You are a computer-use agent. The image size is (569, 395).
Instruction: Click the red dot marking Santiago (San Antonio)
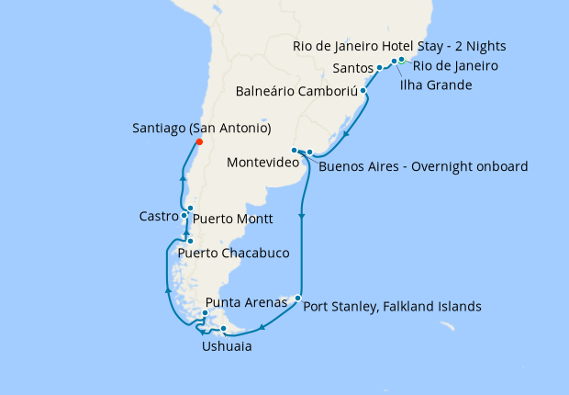pos(198,141)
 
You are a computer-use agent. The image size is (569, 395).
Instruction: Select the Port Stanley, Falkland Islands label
pos(392,307)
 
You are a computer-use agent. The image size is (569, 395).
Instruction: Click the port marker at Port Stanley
pos(297,298)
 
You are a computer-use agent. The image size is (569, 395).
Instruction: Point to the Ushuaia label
pos(226,347)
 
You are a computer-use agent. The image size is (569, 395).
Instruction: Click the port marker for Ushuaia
pos(224,329)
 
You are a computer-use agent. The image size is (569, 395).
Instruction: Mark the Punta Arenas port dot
pos(205,313)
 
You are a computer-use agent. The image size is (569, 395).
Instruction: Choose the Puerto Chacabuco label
pos(234,253)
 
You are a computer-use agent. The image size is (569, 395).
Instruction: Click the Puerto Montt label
pos(233,220)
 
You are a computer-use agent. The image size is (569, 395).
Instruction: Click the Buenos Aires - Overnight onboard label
pos(423,166)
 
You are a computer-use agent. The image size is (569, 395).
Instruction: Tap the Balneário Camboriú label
pos(296,92)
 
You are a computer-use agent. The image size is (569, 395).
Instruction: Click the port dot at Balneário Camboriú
pos(364,91)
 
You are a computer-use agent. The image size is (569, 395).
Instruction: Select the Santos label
pos(353,68)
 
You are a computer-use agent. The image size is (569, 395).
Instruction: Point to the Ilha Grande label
pos(436,85)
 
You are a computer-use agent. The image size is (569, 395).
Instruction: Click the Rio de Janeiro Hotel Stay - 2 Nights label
pos(399,45)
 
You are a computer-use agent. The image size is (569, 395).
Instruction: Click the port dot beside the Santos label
pos(379,68)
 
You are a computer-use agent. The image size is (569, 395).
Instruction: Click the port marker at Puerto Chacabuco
pos(190,242)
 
